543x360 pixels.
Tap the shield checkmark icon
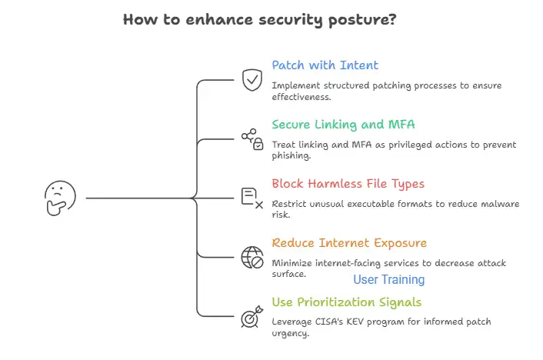click(252, 79)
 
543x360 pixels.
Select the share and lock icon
click(252, 138)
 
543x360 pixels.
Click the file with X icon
click(252, 198)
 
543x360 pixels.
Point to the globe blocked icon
click(252, 257)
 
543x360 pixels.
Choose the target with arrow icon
click(252, 315)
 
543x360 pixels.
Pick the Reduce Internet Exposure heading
click(348, 243)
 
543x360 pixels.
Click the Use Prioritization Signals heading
click(346, 302)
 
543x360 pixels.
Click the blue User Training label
click(388, 280)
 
